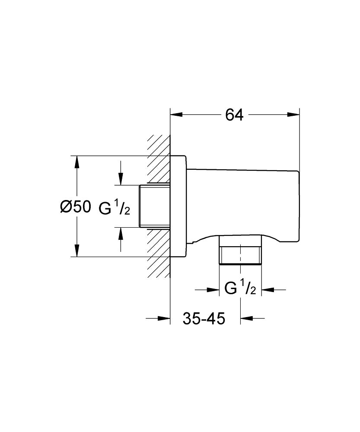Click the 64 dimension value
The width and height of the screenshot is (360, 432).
click(235, 115)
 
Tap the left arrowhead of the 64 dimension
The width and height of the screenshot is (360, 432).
click(177, 115)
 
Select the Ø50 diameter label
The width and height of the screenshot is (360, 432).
click(75, 207)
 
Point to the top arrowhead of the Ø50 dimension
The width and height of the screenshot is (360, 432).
click(77, 162)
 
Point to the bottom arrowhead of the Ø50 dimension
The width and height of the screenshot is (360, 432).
click(77, 251)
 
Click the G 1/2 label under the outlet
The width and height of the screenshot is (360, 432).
click(241, 289)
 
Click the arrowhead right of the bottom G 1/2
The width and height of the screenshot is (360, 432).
click(268, 289)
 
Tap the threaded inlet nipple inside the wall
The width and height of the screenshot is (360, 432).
click(154, 206)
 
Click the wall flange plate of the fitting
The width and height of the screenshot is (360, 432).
click(178, 206)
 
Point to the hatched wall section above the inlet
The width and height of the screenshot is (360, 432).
click(158, 160)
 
